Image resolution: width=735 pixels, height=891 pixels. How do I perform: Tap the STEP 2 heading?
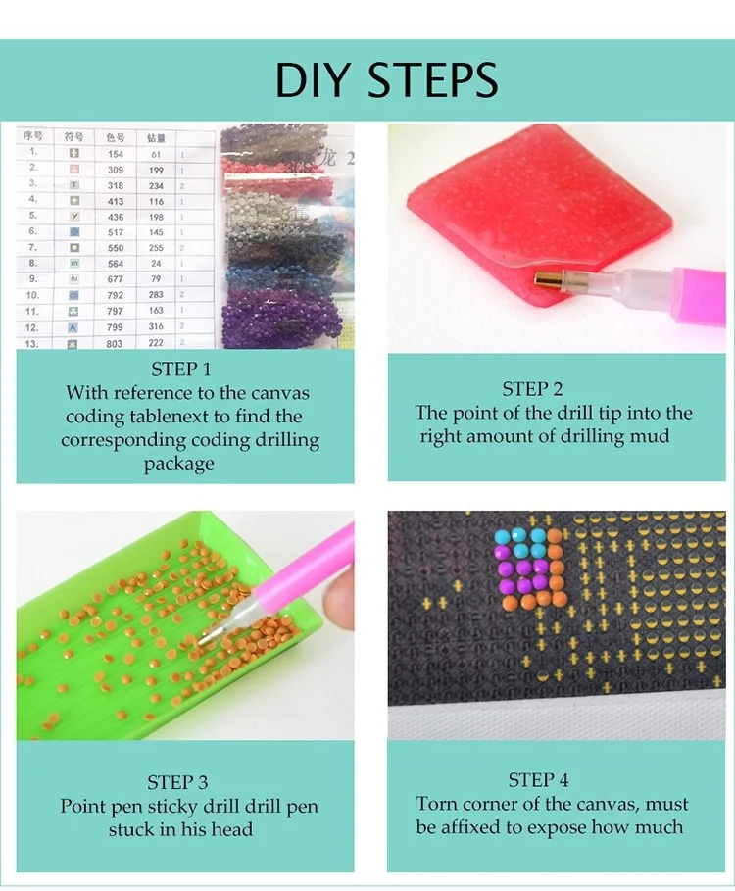[533, 389]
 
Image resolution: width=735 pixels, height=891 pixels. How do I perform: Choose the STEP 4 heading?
[538, 780]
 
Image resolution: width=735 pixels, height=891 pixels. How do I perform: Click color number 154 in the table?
[116, 153]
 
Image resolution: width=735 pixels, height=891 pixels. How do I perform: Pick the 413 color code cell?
[116, 200]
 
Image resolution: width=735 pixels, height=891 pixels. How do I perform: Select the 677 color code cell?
[116, 278]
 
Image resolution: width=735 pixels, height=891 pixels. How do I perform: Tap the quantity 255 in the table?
[156, 248]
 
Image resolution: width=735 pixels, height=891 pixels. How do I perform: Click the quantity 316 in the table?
[156, 326]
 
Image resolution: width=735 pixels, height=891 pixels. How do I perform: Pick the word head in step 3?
[232, 830]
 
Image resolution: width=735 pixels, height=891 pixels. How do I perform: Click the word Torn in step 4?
[437, 805]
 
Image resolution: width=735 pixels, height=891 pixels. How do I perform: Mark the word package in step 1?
[178, 464]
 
